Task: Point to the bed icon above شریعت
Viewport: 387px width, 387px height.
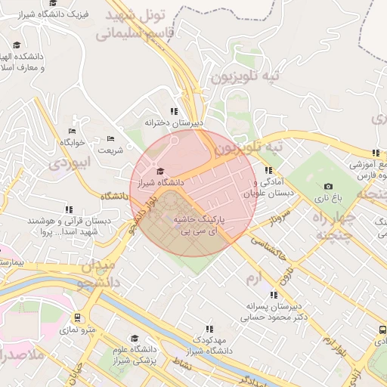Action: [x=111, y=138]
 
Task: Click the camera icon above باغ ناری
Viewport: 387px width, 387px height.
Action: [x=328, y=187]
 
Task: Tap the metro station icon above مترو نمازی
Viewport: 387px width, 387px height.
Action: [x=77, y=318]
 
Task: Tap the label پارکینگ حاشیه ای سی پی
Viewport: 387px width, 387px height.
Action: [x=199, y=224]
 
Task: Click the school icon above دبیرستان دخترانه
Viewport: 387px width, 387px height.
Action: [x=175, y=111]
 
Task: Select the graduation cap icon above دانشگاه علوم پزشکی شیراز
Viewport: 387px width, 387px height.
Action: [x=135, y=339]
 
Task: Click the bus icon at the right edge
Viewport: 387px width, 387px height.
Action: [x=382, y=330]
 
